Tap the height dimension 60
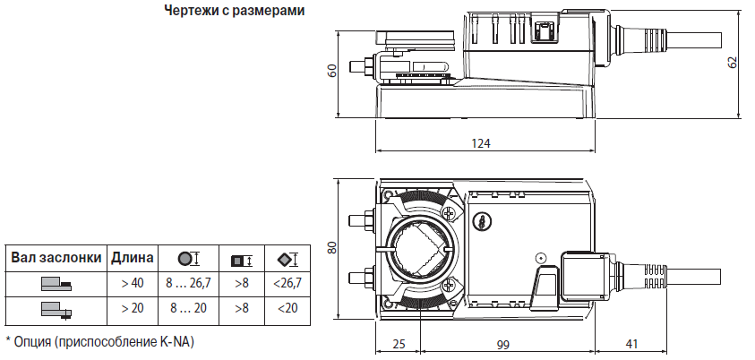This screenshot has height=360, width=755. (331, 72)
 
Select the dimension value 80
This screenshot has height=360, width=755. (331, 247)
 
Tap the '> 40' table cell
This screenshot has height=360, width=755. (133, 283)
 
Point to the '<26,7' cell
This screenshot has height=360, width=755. (286, 283)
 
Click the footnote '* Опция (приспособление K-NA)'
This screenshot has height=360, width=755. (99, 342)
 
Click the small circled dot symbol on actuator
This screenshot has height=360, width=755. (540, 259)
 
